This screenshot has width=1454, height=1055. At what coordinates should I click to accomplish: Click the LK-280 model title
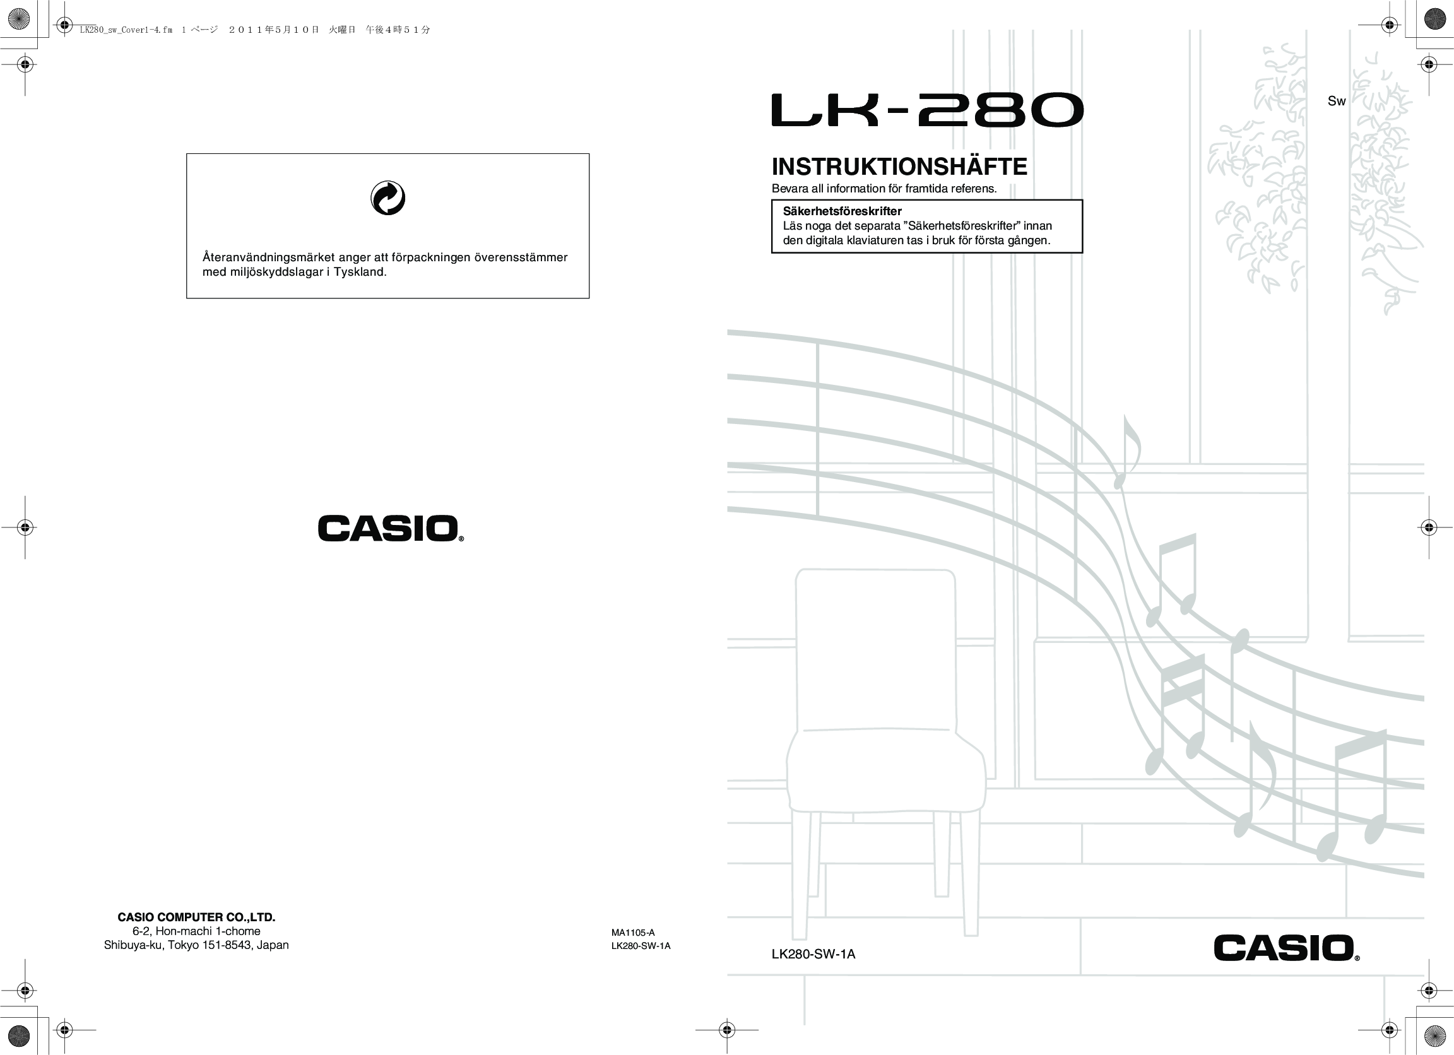click(x=927, y=110)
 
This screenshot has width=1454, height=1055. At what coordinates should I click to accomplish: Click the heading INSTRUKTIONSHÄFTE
click(x=899, y=167)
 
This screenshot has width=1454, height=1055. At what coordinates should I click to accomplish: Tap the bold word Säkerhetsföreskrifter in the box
click(x=842, y=211)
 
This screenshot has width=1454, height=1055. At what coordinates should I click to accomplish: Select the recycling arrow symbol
click(x=388, y=198)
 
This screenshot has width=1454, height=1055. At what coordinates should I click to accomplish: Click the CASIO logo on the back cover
click(x=390, y=529)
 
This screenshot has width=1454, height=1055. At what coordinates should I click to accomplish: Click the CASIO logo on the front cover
click(x=1286, y=948)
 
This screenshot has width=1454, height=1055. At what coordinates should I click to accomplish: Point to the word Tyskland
click(x=360, y=272)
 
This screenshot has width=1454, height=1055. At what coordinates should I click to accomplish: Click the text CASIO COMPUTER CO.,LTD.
click(x=196, y=917)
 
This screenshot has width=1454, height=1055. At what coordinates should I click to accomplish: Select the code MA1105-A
click(x=633, y=933)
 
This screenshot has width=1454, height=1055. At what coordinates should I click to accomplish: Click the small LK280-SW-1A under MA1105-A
click(x=641, y=946)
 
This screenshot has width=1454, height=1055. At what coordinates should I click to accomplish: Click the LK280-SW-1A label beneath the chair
click(x=813, y=955)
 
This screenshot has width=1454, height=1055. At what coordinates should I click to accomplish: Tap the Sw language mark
click(x=1336, y=101)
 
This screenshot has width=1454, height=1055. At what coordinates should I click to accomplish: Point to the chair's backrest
click(x=876, y=647)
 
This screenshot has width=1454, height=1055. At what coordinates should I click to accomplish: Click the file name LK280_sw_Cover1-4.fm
click(x=126, y=30)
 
